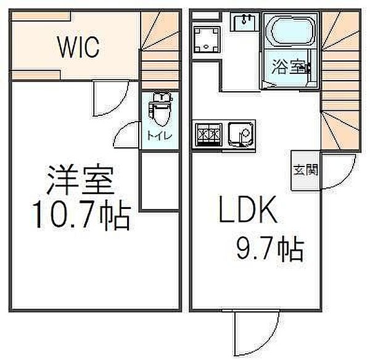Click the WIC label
[x=78, y=47]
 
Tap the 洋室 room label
[x=80, y=180]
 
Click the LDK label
[x=248, y=210]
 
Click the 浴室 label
[x=290, y=67]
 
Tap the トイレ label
[x=160, y=136]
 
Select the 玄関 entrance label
[x=306, y=170]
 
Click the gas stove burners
[x=208, y=135]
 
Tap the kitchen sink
[x=240, y=135]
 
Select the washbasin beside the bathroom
[x=245, y=22]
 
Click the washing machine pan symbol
[x=207, y=39]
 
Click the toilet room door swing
[x=126, y=135]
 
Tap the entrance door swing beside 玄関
[x=338, y=171]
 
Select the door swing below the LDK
[x=256, y=333]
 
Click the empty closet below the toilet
[x=160, y=181]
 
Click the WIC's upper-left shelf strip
[x=41, y=16]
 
